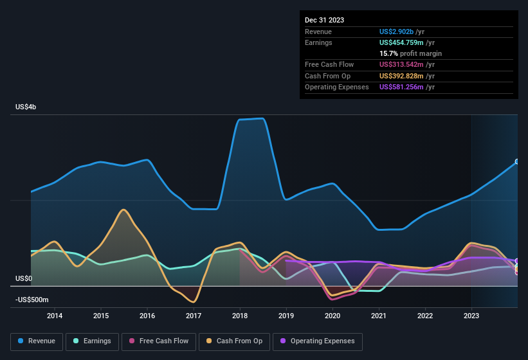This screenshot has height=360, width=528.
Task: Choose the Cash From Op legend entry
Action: click(x=235, y=341)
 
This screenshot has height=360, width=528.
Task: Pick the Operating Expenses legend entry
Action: click(x=317, y=341)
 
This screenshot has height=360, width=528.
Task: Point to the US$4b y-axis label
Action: click(x=26, y=107)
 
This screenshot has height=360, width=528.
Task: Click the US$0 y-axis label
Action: click(x=23, y=279)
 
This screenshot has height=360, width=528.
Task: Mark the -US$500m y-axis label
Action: click(x=32, y=300)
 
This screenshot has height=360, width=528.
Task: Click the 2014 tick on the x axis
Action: click(x=55, y=316)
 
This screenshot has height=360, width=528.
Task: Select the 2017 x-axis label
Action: click(x=194, y=316)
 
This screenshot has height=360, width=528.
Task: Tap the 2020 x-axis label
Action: click(x=332, y=316)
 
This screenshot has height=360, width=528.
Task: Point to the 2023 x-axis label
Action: click(x=471, y=316)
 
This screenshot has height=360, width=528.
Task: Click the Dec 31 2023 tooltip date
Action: click(x=324, y=20)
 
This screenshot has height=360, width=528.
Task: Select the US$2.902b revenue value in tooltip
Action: click(x=397, y=32)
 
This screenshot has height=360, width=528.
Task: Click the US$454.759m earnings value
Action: click(x=401, y=42)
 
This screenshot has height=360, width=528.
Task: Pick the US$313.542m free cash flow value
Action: click(x=401, y=65)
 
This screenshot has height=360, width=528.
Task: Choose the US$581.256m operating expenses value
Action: click(x=401, y=87)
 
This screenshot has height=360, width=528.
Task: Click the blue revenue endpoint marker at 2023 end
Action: click(x=517, y=161)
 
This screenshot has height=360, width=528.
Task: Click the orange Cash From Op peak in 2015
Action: click(x=123, y=210)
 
